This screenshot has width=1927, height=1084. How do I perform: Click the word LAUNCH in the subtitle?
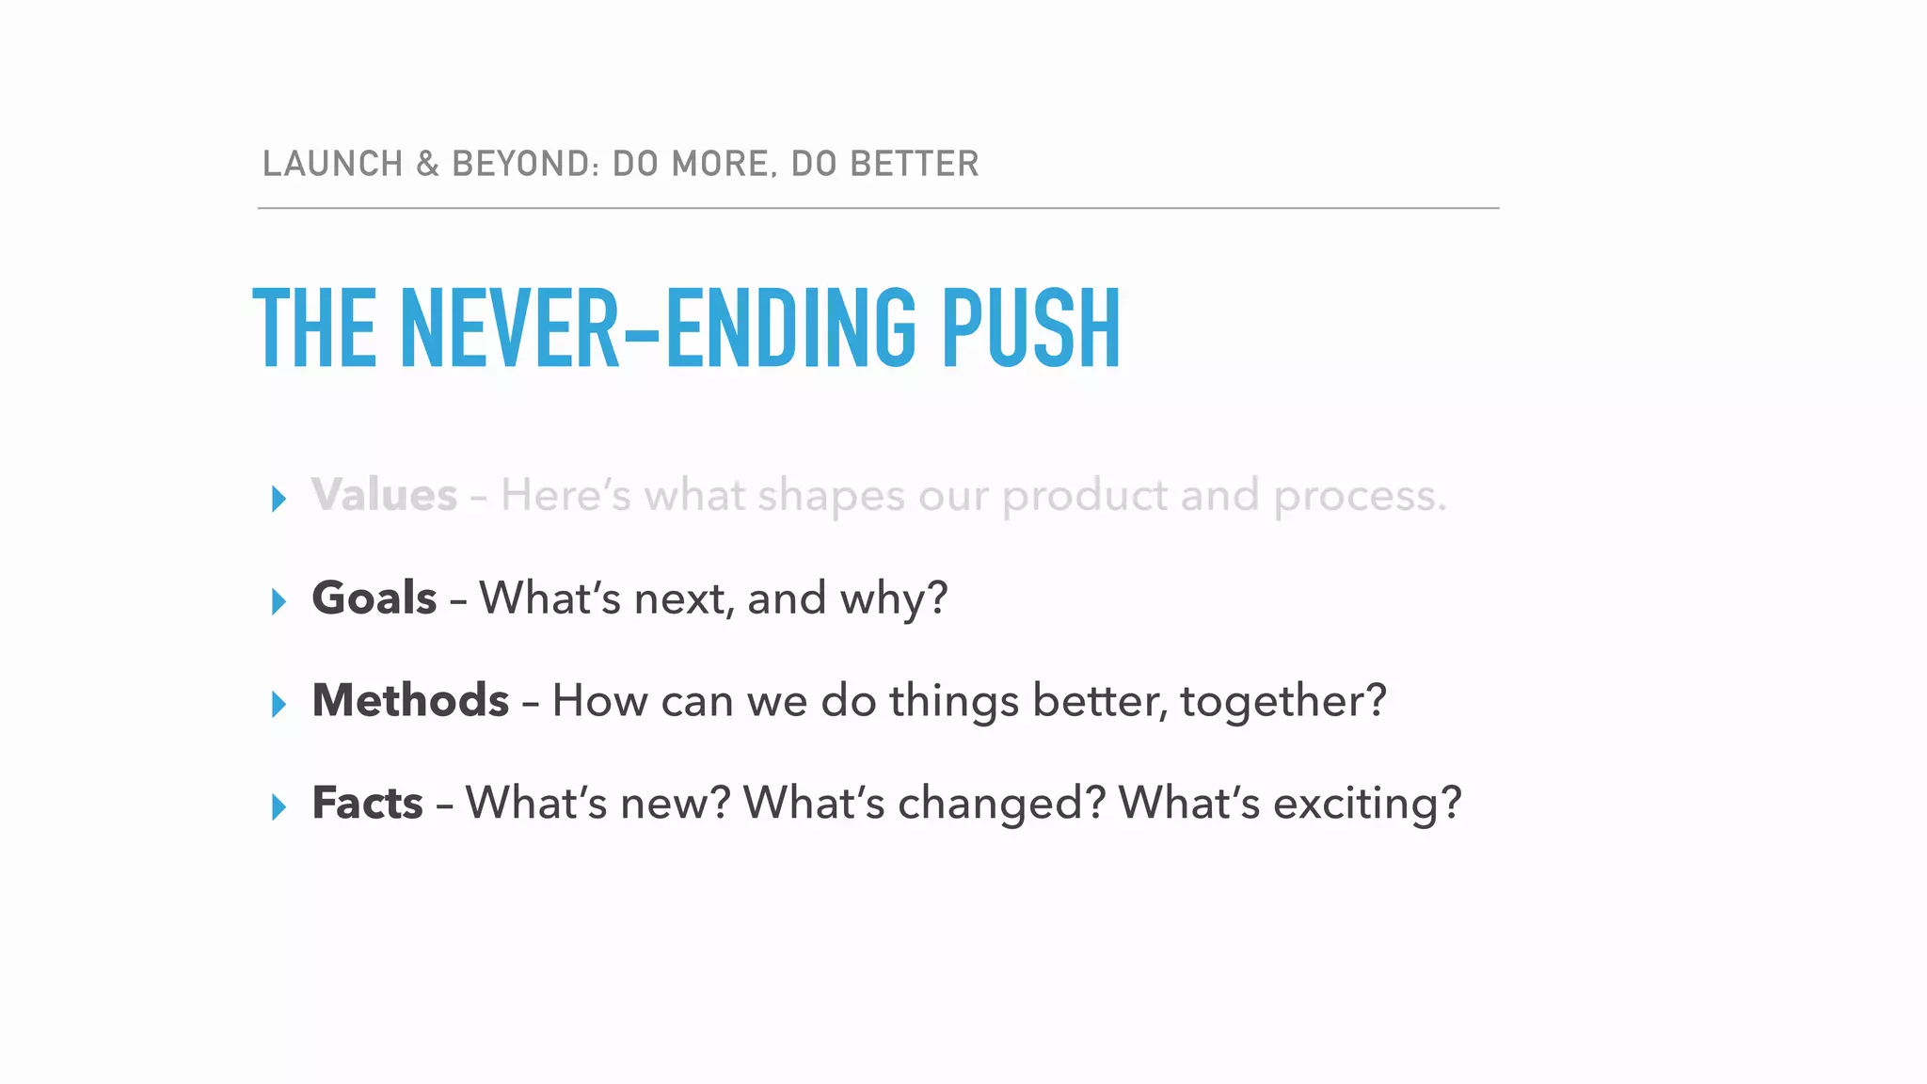(x=333, y=164)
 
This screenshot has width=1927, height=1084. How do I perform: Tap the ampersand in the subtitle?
(x=428, y=164)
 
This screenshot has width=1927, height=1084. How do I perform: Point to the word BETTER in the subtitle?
(x=915, y=164)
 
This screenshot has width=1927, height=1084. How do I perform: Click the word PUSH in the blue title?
(x=1031, y=328)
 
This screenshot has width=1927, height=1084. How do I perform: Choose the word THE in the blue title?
(x=315, y=328)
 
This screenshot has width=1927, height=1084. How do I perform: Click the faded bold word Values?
(x=384, y=495)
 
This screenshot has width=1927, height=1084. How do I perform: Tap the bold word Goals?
(x=374, y=598)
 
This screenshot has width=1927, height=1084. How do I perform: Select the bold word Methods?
(x=410, y=700)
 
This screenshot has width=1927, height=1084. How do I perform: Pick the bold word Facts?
(x=367, y=803)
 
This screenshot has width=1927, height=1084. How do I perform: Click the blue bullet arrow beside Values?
(x=279, y=499)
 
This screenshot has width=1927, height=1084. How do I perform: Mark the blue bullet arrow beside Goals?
(x=279, y=601)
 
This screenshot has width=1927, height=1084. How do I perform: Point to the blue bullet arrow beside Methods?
(x=279, y=704)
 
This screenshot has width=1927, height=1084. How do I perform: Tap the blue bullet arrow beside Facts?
(x=279, y=806)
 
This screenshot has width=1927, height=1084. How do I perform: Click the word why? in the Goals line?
(x=894, y=599)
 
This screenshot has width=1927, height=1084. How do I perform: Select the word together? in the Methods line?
(x=1283, y=702)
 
